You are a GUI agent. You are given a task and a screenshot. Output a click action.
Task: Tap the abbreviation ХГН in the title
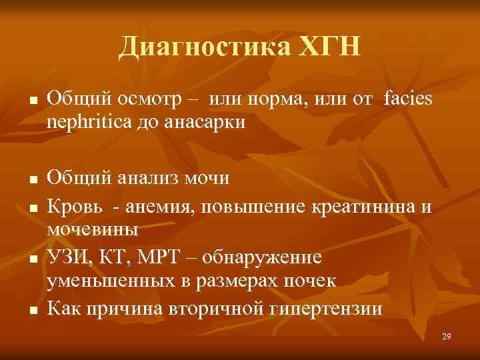coord(329,47)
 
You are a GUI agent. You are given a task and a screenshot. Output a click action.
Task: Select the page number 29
coord(447,337)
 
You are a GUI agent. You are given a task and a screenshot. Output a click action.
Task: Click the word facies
coord(408,99)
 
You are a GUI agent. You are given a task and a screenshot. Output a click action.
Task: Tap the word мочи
coord(208,179)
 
